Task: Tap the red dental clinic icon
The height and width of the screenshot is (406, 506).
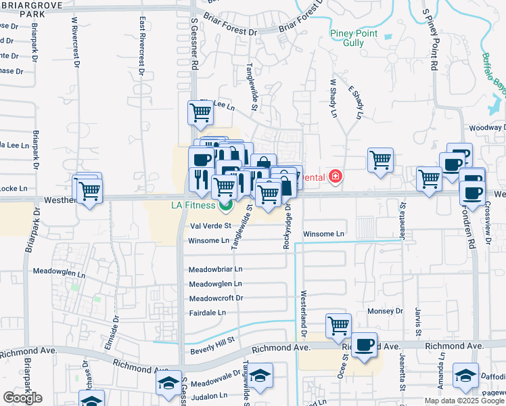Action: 335,177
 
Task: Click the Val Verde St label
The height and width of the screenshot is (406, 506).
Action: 210,226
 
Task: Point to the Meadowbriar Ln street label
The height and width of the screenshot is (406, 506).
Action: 215,269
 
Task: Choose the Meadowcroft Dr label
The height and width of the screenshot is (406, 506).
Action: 216,298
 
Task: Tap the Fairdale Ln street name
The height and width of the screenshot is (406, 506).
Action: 208,313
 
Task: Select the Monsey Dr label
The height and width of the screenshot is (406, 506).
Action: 385,311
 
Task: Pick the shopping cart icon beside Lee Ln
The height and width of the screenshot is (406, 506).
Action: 200,112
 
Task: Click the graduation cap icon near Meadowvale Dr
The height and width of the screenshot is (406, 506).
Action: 168,384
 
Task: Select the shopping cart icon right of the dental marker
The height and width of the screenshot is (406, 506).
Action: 381,160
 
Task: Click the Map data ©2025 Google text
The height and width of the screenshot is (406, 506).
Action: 464,401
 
